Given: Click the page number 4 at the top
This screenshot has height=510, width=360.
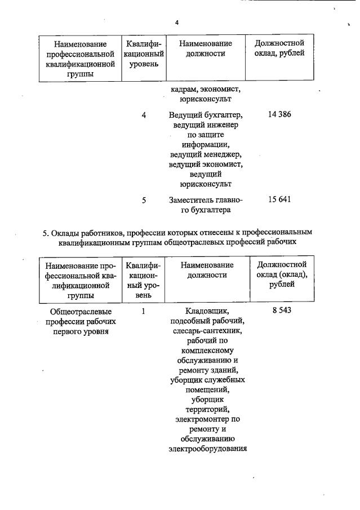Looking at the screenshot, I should [x=176, y=23].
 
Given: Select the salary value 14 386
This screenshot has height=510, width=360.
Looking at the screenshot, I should [x=280, y=114].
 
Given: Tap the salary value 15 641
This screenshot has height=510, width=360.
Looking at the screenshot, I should [x=280, y=199].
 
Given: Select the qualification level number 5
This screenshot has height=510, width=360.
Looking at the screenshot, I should [x=144, y=200].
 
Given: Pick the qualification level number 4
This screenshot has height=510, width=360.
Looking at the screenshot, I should [x=144, y=115].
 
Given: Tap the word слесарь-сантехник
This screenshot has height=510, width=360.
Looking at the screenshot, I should [x=207, y=331].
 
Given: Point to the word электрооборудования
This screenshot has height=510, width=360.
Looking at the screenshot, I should [x=207, y=449].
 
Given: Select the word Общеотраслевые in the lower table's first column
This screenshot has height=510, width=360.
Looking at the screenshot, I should [x=81, y=311].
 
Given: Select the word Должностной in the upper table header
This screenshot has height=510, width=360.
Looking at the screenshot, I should [x=279, y=43].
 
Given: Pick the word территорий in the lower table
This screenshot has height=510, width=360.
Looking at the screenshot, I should [x=207, y=409].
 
